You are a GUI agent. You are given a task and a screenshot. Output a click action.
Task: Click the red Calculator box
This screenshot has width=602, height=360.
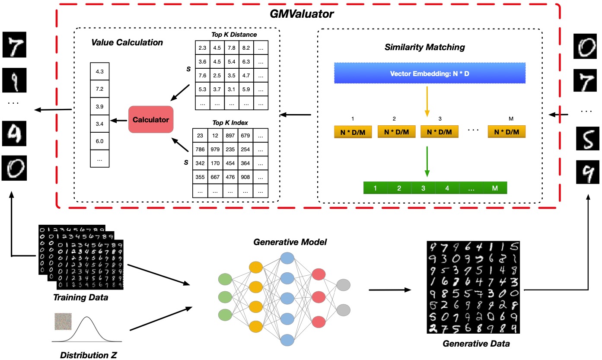pos(150,119)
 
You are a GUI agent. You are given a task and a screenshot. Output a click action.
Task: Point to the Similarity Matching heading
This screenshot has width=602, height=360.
pos(424,47)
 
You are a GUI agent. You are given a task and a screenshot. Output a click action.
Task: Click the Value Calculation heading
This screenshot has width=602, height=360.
pos(127,42)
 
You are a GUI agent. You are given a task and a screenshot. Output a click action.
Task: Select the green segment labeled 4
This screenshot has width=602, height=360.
pos(447,188)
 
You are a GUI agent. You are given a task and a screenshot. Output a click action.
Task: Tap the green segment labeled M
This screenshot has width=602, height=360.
pos(495,188)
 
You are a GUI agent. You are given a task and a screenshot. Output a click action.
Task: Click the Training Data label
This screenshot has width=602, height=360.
pos(80,297)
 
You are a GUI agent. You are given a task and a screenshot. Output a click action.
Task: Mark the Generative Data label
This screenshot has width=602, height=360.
pos(476,344)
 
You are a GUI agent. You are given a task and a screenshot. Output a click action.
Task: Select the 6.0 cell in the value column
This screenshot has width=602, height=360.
pos(99,141)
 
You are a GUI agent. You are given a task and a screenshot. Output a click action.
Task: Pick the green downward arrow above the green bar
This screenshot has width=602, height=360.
pos(427,162)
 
